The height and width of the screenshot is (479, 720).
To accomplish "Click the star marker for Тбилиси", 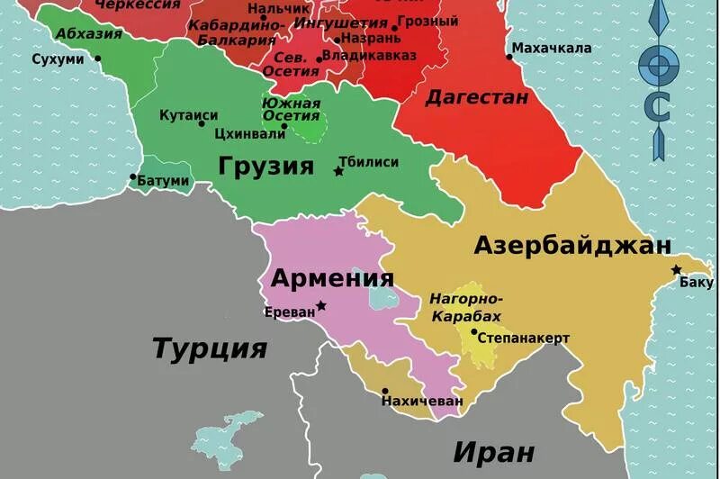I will tap(339, 171).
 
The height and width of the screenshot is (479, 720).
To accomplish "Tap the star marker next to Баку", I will tap(676, 270).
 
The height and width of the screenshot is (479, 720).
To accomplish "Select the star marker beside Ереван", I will tap(321, 306).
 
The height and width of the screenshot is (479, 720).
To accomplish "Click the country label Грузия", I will tap(265, 166).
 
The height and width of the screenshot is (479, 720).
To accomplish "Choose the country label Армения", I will tap(333, 277).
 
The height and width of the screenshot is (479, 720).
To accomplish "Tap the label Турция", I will tap(210, 348).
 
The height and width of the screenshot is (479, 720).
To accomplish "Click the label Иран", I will tap(493, 450).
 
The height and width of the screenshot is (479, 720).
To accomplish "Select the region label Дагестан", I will tap(476, 96).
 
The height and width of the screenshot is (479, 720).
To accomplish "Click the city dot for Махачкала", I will tap(509, 57).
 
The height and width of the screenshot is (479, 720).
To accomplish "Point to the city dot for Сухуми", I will tap(97, 59).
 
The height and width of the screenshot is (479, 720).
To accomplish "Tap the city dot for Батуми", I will tap(133, 177).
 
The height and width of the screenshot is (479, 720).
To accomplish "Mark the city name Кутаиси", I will tap(188, 115).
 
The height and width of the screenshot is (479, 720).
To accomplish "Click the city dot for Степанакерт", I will tap(474, 330).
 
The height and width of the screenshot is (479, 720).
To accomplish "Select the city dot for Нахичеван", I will tap(385, 392).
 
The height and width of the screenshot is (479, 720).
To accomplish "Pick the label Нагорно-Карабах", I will tap(466, 307).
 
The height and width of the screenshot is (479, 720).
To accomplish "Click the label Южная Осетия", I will tap(291, 108).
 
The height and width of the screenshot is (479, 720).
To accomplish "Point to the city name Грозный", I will tap(428, 20).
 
